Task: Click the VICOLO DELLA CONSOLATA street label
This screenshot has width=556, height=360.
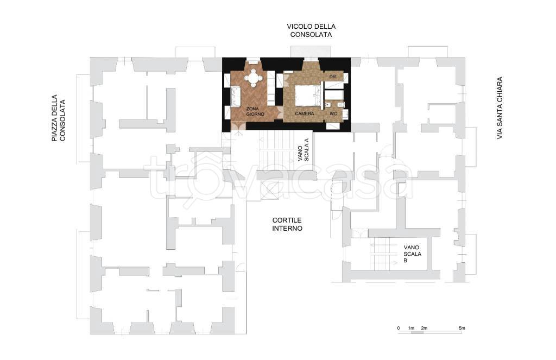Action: [x=311, y=30]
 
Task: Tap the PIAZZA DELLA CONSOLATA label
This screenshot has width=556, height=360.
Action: [x=59, y=118]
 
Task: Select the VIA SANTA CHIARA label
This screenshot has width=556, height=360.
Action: [x=500, y=108]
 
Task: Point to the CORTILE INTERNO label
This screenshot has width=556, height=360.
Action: [x=287, y=224]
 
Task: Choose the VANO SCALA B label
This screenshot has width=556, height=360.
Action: [x=413, y=254]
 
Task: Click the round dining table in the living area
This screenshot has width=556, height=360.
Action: [x=254, y=78]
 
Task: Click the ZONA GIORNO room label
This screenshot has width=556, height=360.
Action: [x=255, y=111]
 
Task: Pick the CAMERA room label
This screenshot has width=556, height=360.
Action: [x=304, y=113]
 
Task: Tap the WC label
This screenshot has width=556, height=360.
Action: [x=333, y=114]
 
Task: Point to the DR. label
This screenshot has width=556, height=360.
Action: [x=333, y=77]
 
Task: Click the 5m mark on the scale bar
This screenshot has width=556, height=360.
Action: [x=462, y=328]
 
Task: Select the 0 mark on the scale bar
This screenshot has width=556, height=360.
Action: [x=399, y=328]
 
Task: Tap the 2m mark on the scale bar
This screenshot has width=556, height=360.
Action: [x=424, y=328]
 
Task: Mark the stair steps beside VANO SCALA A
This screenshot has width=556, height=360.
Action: [x=277, y=150]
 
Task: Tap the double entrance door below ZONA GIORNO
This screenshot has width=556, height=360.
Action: [x=237, y=127]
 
